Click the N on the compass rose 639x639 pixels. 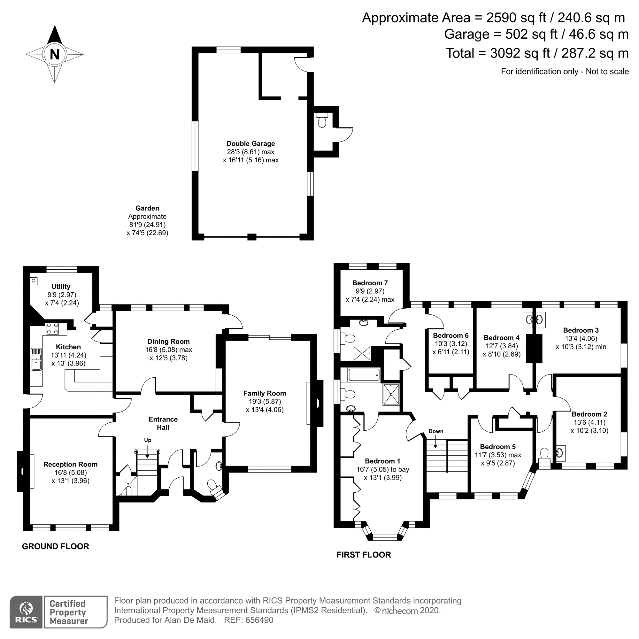click(x=55, y=54)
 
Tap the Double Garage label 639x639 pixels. click(x=250, y=143)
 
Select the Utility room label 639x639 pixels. click(x=61, y=286)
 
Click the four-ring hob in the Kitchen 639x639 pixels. click(x=53, y=328)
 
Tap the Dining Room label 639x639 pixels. click(x=168, y=341)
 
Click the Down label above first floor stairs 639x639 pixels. click(x=435, y=431)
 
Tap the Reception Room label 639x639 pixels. click(x=70, y=464)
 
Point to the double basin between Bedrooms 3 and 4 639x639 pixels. click(x=534, y=319)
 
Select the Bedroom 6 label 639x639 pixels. click(x=450, y=335)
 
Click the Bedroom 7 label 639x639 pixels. click(x=370, y=283)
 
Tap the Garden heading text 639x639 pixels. click(x=147, y=208)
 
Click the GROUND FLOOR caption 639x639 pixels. click(x=56, y=546)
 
